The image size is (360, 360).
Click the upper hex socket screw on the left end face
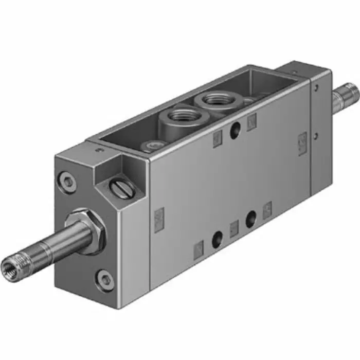(x=68, y=181)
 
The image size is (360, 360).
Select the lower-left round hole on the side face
(x=217, y=239)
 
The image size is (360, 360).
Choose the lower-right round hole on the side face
(x=251, y=220)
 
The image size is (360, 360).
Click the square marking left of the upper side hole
(x=217, y=138)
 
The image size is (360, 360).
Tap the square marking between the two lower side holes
(x=234, y=228)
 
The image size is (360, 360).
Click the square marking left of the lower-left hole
(x=199, y=250)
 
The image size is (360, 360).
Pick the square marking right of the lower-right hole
(x=267, y=210)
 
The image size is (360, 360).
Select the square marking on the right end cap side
(x=302, y=140)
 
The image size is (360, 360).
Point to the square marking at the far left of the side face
(x=159, y=215)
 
